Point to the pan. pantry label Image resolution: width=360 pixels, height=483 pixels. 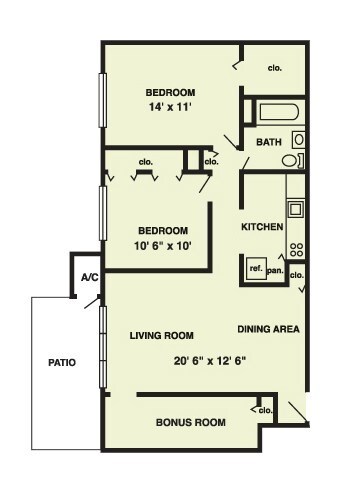pyautogui.click(x=276, y=268)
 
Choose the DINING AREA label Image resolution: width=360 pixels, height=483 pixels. pyautogui.click(x=269, y=329)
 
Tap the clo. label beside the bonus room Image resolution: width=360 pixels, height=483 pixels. pyautogui.click(x=265, y=410)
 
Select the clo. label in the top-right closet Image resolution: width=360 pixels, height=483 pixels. pyautogui.click(x=274, y=68)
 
